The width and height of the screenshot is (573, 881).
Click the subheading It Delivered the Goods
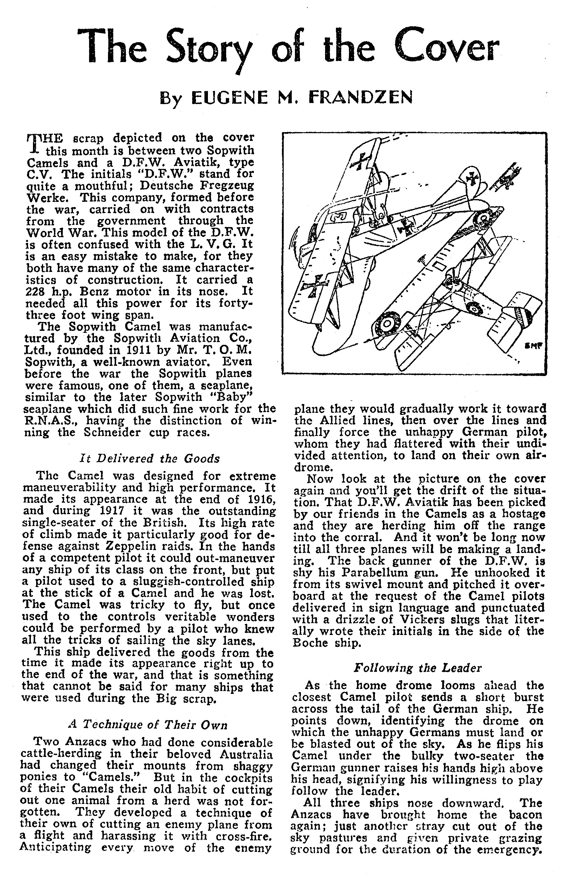[150, 459]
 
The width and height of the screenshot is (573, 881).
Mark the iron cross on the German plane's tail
[473, 179]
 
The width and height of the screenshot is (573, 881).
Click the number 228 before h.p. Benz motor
[35, 292]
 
